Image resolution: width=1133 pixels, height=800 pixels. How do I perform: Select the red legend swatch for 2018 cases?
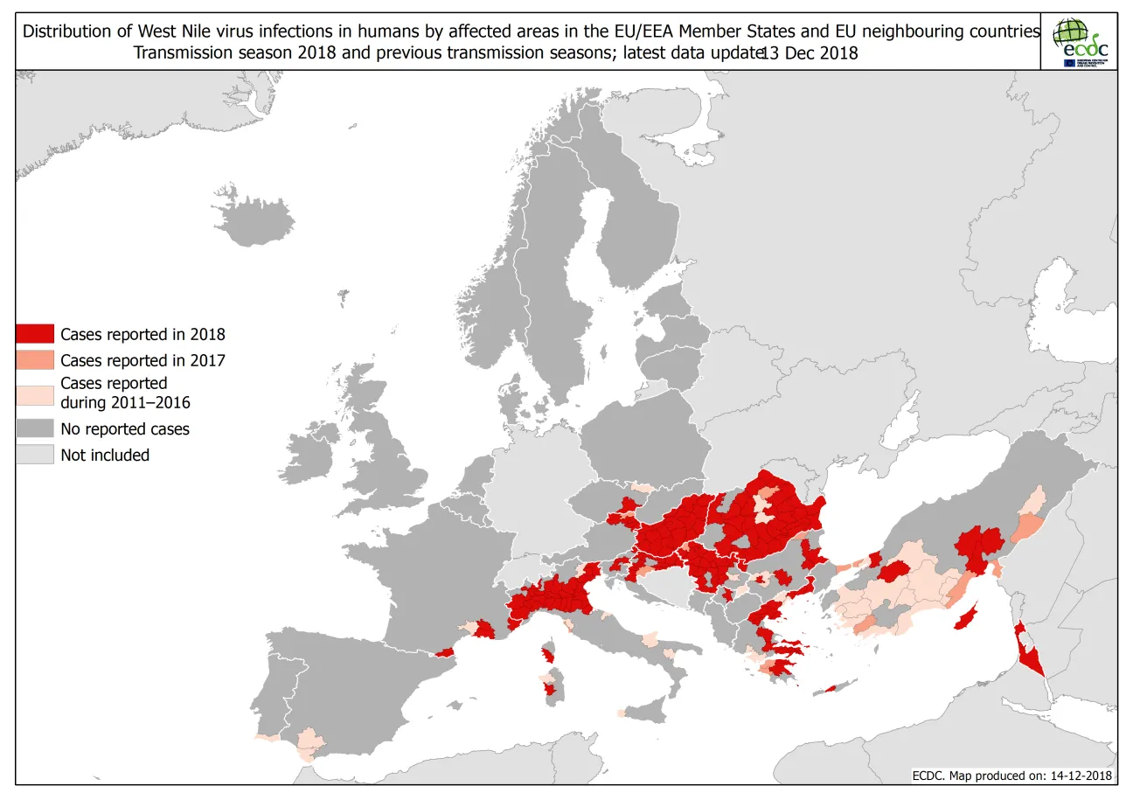tap(35, 333)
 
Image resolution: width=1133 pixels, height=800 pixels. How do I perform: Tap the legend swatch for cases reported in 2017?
tap(35, 359)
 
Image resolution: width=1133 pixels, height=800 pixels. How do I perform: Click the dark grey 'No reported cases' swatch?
tap(35, 428)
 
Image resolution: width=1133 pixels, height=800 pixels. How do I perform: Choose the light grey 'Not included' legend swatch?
tap(35, 455)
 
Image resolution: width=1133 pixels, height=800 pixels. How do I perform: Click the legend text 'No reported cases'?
tap(124, 428)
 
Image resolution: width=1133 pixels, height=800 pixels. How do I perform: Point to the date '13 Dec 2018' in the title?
tap(809, 52)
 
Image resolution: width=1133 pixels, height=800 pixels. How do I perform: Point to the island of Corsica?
tap(549, 653)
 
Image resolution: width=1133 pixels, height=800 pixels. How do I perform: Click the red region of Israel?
tap(1028, 656)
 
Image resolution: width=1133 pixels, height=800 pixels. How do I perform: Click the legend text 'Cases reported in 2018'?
tap(142, 333)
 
